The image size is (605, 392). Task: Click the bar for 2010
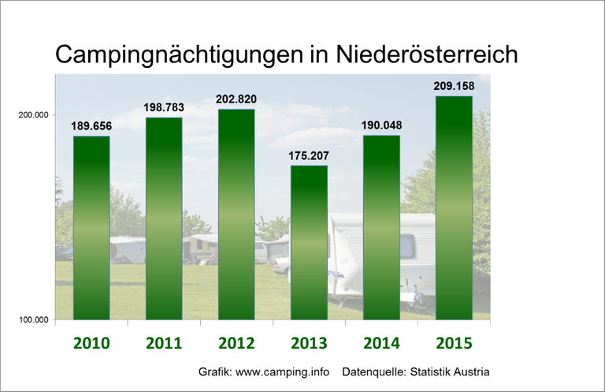(x=91, y=228)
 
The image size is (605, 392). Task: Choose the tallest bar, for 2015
(x=454, y=208)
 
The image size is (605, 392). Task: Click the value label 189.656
(x=91, y=126)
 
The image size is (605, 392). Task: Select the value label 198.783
(x=164, y=107)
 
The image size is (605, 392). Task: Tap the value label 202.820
(x=236, y=99)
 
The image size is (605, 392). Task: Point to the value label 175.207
(x=309, y=155)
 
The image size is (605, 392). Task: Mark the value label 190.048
(x=381, y=125)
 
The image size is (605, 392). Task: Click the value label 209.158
(x=454, y=86)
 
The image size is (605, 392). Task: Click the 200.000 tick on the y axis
(x=34, y=115)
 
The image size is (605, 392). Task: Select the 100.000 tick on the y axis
(x=34, y=319)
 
